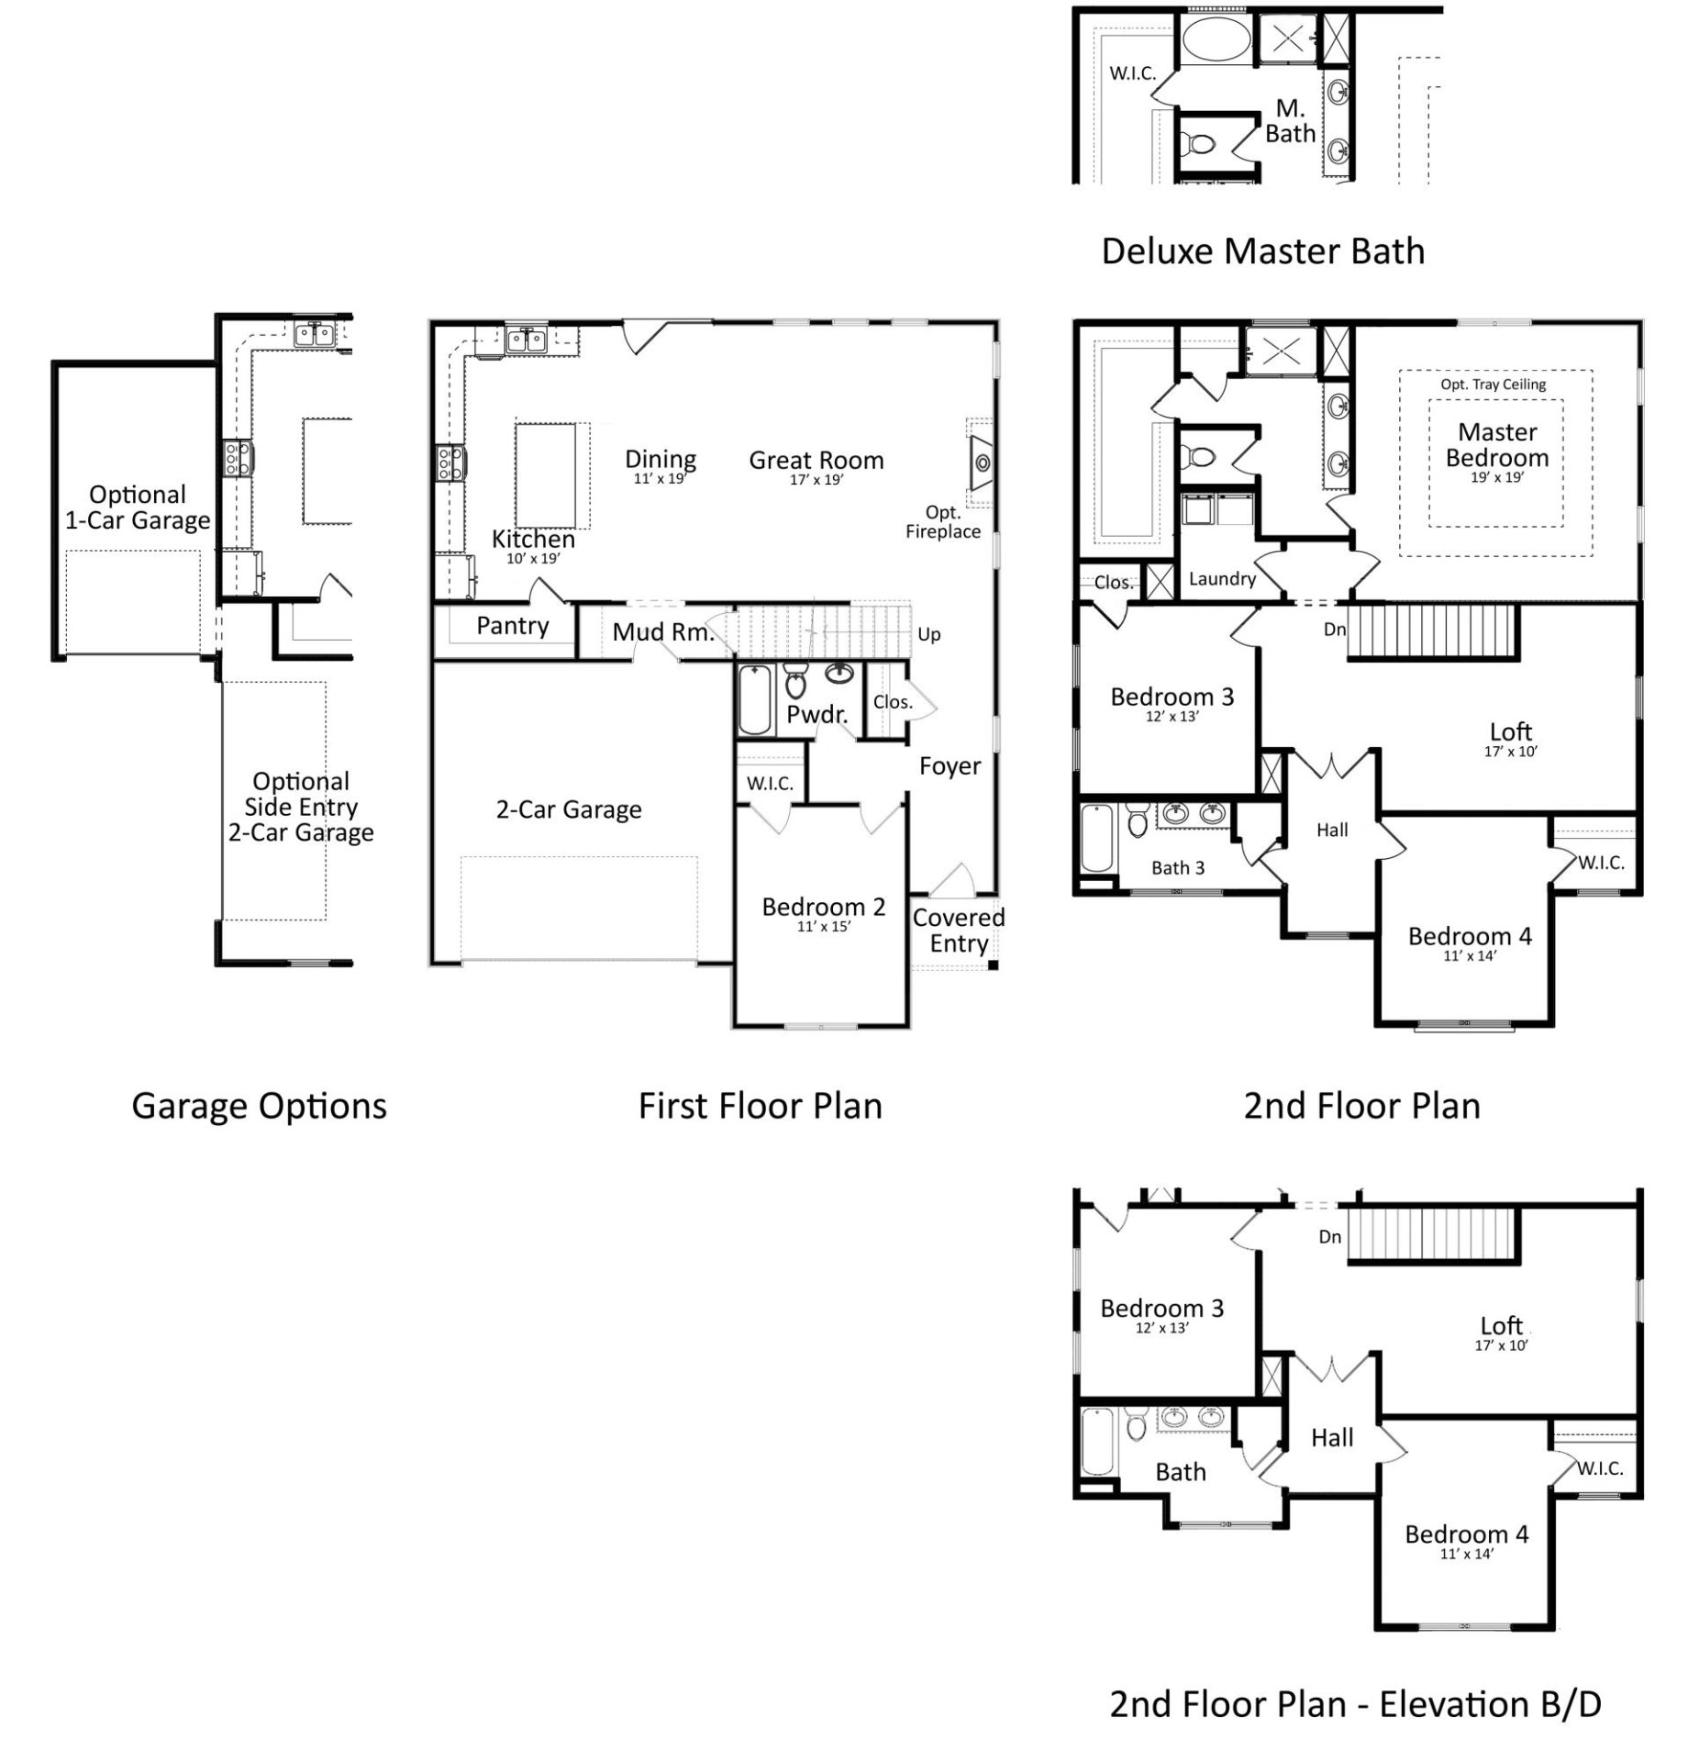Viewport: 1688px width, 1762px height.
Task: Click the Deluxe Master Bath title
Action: [1262, 251]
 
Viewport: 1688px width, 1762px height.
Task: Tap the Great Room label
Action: [816, 461]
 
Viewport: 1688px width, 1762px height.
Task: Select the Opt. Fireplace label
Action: [942, 522]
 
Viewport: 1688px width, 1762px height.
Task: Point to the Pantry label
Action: [512, 626]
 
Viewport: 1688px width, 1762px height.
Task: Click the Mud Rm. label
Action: [662, 631]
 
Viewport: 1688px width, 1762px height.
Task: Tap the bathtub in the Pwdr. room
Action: [755, 699]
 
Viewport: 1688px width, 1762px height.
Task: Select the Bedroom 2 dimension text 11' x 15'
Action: [823, 927]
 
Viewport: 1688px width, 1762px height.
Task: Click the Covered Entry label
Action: [958, 931]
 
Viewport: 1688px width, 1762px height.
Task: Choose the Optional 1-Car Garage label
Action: [138, 507]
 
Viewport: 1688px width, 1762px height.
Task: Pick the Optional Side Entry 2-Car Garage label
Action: [301, 807]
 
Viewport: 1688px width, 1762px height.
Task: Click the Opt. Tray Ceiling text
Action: [1493, 385]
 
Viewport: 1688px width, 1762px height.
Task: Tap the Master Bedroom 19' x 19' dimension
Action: [1496, 477]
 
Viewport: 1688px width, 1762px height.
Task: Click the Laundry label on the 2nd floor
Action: [1222, 579]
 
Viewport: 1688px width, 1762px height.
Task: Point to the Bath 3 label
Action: [1177, 868]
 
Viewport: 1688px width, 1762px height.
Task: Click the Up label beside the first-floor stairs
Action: [928, 635]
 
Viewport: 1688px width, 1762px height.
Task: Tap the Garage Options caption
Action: [259, 1106]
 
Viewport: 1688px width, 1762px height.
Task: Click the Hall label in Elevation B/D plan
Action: [1331, 1438]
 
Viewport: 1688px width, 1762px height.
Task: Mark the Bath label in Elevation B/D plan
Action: [1180, 1472]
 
